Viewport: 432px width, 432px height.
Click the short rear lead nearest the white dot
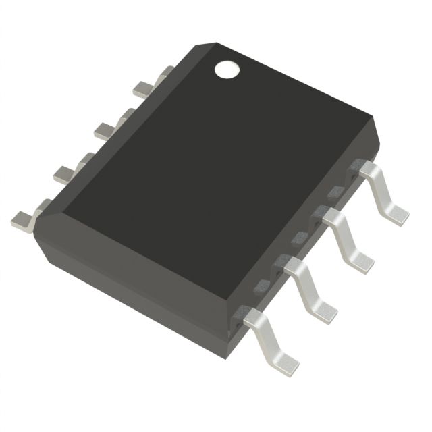point(144,86)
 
